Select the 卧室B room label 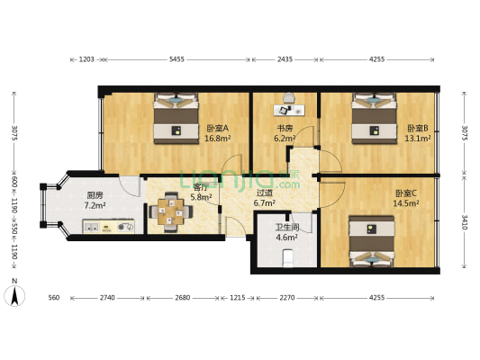(418, 133)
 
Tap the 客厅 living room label (202, 191)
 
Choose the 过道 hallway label (264, 197)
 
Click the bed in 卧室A (176, 119)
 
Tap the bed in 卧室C (371, 241)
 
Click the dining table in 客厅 (169, 214)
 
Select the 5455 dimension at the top (177, 59)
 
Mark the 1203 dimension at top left (86, 59)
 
